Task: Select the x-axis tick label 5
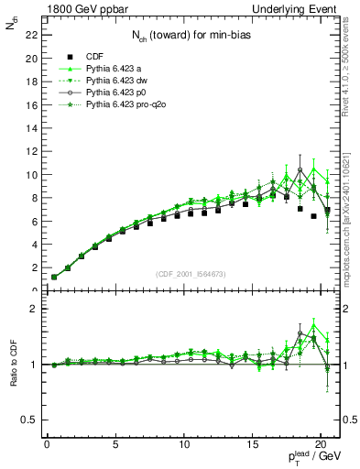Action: pyautogui.click(x=115, y=445)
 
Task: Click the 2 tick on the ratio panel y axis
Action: pyautogui.click(x=32, y=309)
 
